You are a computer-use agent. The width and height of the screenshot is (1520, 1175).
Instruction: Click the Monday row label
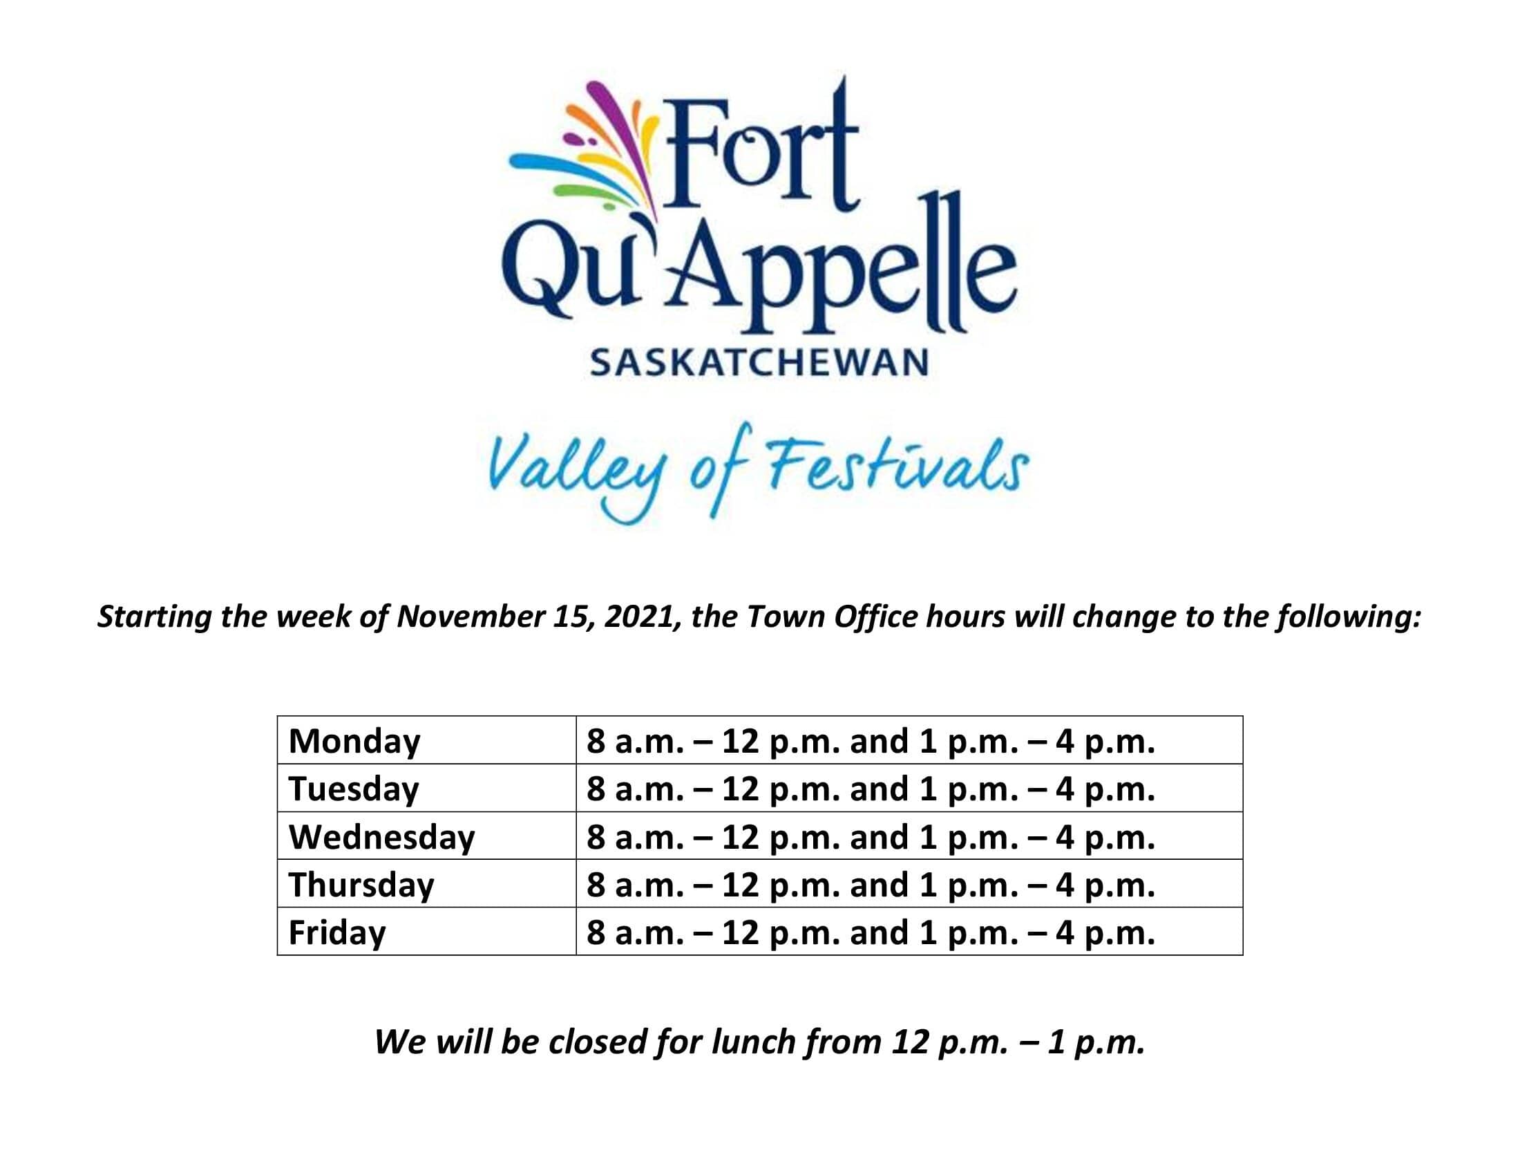tap(354, 742)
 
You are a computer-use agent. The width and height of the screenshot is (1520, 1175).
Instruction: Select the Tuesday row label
tap(354, 789)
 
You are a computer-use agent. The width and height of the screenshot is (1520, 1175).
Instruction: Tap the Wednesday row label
tap(381, 837)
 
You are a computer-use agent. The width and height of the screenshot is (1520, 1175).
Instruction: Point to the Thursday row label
tap(361, 885)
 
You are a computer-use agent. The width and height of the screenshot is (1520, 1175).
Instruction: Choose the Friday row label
tap(337, 933)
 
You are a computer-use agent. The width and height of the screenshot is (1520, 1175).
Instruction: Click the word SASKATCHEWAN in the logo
tap(759, 363)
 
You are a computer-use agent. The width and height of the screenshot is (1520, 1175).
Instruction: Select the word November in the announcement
tap(471, 616)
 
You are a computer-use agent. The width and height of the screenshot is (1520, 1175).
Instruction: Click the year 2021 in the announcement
tap(641, 617)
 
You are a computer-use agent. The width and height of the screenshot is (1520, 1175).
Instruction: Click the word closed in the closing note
tap(598, 1042)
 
